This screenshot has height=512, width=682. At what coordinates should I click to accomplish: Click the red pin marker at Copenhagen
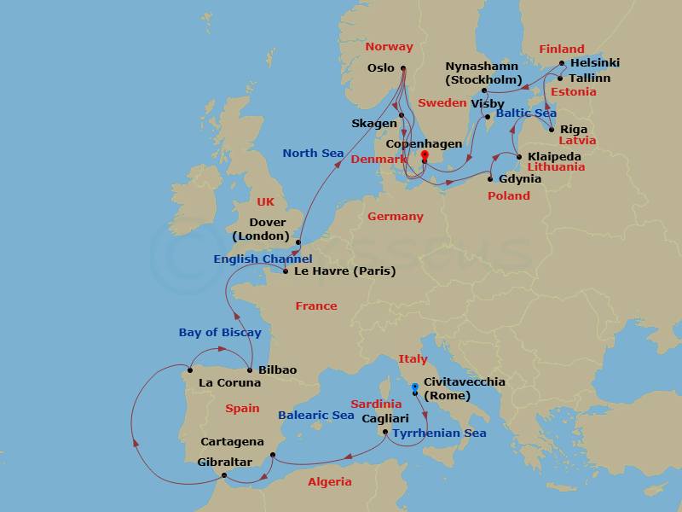[424, 156]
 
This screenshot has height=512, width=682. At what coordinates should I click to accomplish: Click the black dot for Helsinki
[562, 63]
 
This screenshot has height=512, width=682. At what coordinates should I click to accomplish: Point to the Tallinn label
[590, 79]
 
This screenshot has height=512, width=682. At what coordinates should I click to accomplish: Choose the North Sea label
[313, 154]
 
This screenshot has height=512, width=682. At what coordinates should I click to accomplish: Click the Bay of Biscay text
[220, 332]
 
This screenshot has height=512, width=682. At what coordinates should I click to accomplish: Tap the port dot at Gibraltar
[223, 475]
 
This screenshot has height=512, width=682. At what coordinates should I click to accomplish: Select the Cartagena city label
[231, 442]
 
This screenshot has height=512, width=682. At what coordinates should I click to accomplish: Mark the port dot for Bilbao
[249, 370]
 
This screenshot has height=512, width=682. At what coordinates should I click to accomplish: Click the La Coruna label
[229, 383]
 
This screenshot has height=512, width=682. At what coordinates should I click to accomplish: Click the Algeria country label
[329, 482]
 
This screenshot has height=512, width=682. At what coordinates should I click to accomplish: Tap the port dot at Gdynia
[490, 179]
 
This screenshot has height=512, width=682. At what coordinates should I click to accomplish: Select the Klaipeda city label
[556, 157]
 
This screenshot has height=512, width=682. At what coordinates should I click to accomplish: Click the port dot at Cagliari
[386, 433]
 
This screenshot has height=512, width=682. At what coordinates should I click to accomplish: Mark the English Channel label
[263, 259]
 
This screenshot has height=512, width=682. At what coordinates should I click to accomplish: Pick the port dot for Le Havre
[285, 272]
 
